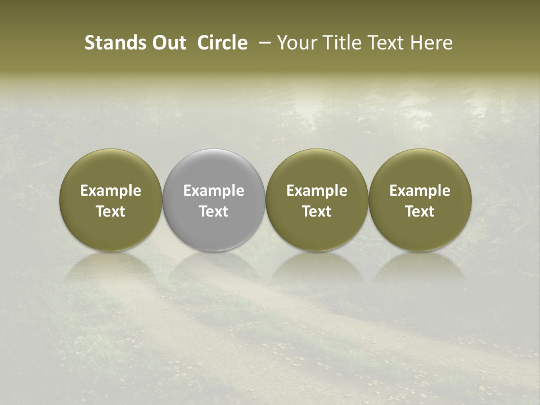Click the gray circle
[214, 169]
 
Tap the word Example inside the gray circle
[214, 191]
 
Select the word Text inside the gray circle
[214, 211]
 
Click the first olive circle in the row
[111, 169]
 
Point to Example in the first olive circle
[111, 191]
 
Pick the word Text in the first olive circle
[111, 211]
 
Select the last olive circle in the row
[420, 169]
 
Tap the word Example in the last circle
[420, 191]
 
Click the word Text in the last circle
[420, 211]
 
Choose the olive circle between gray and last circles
[317, 169]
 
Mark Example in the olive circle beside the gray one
[317, 191]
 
